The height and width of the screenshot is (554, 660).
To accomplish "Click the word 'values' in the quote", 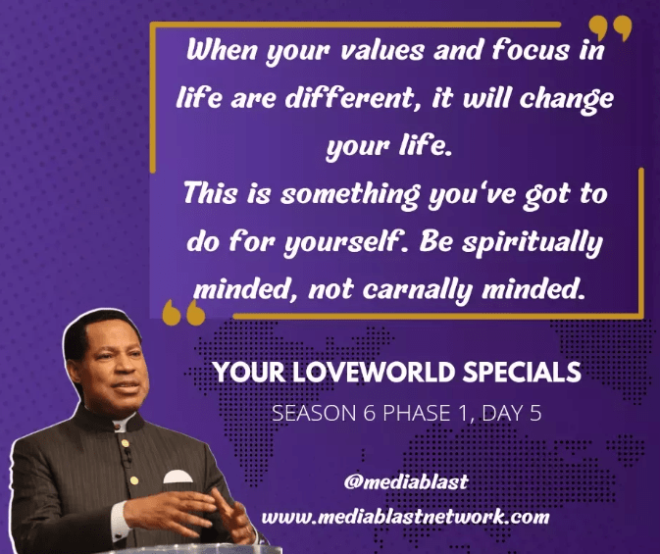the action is (381, 51).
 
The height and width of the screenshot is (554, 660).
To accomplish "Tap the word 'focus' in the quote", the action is (531, 50).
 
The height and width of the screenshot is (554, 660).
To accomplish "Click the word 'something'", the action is (350, 195).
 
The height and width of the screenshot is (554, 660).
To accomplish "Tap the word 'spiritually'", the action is (533, 244).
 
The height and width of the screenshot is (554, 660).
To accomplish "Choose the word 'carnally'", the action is (417, 290).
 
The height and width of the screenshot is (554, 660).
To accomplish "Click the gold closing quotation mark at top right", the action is (610, 28).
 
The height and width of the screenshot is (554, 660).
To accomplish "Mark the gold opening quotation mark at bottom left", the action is (183, 313).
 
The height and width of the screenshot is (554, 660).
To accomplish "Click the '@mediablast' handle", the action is (406, 481).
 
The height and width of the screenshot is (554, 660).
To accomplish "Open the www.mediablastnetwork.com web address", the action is (405, 517).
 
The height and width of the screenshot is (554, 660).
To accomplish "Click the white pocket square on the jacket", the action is (178, 477).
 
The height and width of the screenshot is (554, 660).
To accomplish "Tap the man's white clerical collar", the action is (121, 426).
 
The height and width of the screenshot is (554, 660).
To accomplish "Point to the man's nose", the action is (132, 367).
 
